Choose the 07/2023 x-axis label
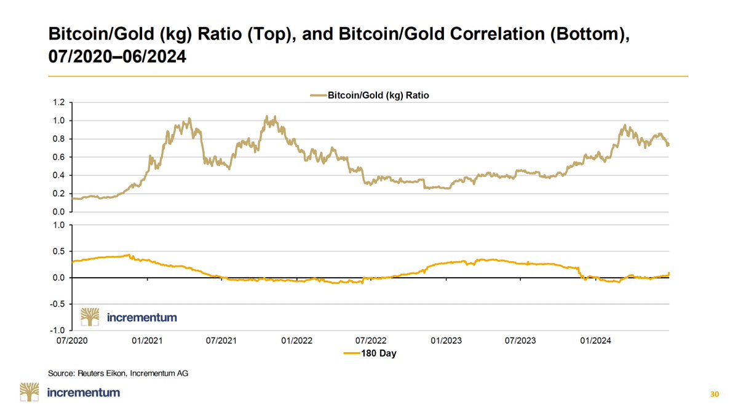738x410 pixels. click(x=520, y=340)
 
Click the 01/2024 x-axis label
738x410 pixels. click(x=595, y=340)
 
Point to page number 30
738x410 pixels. click(x=714, y=393)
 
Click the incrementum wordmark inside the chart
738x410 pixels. click(x=141, y=318)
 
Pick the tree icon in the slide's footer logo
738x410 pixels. click(x=30, y=392)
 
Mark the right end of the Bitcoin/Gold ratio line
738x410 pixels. click(x=669, y=145)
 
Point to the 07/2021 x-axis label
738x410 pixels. click(x=221, y=340)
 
